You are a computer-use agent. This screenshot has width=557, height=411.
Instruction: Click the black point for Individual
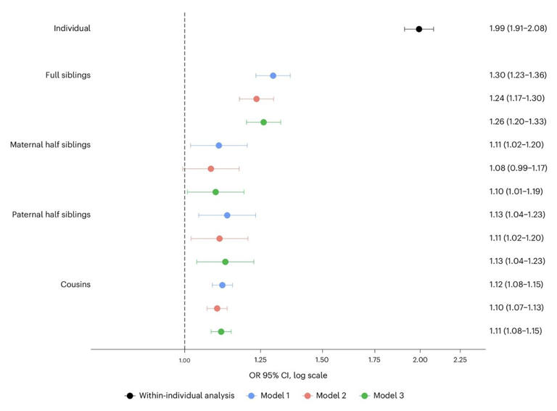click(x=419, y=29)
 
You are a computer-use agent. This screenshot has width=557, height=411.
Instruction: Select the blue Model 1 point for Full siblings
click(x=273, y=75)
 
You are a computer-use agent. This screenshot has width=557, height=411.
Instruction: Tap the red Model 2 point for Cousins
click(x=217, y=308)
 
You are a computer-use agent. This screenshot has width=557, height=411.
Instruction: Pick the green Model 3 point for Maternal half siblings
click(x=215, y=192)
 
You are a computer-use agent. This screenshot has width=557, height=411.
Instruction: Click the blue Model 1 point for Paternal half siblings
click(x=227, y=215)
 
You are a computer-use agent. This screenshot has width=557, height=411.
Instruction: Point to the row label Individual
click(x=72, y=28)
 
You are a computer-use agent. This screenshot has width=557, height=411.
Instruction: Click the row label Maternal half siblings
click(x=50, y=145)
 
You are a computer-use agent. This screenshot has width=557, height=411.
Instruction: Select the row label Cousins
click(x=75, y=285)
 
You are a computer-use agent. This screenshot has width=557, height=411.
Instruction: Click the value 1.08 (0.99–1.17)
click(x=516, y=168)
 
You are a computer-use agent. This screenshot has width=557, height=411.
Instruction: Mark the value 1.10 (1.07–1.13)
click(x=516, y=308)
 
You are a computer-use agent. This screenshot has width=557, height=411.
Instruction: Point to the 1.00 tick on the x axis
click(x=184, y=360)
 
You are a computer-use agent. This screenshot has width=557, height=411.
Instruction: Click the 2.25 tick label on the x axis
click(x=460, y=360)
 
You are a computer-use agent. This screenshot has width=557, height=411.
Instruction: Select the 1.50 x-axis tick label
click(x=323, y=360)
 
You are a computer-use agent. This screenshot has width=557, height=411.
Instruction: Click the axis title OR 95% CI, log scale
click(x=287, y=375)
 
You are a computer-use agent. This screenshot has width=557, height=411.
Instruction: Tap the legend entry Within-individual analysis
click(x=181, y=396)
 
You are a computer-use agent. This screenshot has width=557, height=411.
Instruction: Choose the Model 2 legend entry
click(x=329, y=396)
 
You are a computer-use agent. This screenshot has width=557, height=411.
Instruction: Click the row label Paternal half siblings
click(x=51, y=215)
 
